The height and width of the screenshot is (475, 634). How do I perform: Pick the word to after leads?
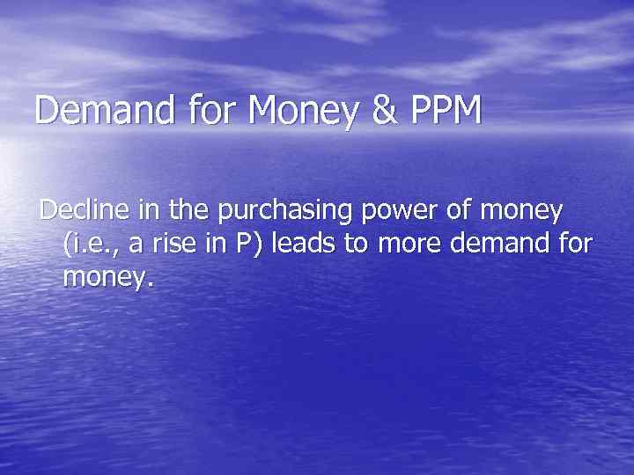[356, 245]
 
